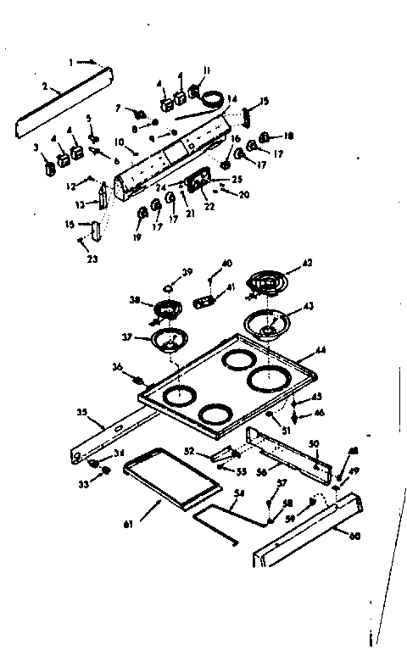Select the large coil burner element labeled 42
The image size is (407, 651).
tap(267, 281)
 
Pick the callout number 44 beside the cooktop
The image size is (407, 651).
tap(320, 350)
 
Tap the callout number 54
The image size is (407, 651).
tap(240, 492)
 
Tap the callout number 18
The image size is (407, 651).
tap(288, 136)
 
